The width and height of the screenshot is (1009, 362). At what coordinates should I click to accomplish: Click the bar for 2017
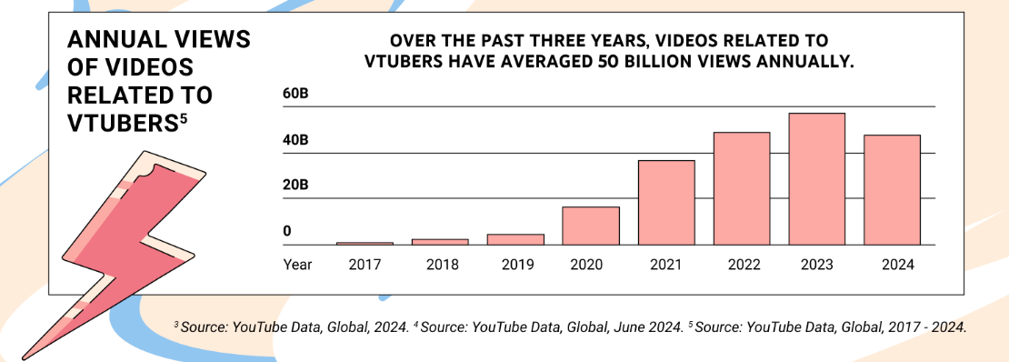365,243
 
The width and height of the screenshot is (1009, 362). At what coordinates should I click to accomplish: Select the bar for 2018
440,241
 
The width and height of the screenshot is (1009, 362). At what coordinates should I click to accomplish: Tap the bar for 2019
515,239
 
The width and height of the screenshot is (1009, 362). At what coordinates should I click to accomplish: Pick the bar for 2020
591,226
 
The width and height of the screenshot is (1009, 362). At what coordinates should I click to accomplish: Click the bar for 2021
666,202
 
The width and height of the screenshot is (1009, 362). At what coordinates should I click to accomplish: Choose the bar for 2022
742,188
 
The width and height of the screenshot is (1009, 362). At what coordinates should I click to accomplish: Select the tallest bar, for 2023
817,179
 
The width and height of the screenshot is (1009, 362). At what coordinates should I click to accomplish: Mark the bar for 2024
893,189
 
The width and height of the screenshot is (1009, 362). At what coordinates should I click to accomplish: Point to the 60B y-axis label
296,95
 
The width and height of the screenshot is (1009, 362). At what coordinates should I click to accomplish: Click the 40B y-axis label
296,141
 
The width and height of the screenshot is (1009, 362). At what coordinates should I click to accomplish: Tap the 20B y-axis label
296,186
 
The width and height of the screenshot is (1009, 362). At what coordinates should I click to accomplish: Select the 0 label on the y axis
287,232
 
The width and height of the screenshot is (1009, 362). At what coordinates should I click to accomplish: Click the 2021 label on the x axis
666,265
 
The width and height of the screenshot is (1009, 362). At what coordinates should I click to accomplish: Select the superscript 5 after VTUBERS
184,117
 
